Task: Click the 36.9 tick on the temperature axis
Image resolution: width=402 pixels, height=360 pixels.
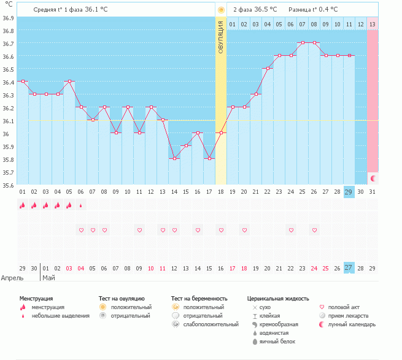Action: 7,18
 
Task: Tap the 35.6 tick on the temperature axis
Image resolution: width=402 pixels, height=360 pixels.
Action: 7,185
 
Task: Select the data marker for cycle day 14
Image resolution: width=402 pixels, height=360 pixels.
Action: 174,158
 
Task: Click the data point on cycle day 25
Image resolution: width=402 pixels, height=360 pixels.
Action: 291,55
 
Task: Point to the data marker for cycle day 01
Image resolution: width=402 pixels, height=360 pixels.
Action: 23,81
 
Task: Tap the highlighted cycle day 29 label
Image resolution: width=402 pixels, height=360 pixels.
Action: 349,192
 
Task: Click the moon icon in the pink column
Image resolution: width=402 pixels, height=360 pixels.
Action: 373,178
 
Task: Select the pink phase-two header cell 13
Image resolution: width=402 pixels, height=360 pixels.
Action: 373,24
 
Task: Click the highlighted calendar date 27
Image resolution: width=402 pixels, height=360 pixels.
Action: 349,268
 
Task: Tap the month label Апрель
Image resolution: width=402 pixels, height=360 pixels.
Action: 13,278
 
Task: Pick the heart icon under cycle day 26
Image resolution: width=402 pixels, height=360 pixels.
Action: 314,230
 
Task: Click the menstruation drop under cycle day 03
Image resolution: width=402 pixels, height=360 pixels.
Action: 46,205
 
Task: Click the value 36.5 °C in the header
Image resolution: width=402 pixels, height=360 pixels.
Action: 265,10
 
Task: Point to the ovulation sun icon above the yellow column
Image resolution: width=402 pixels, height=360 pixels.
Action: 221,10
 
